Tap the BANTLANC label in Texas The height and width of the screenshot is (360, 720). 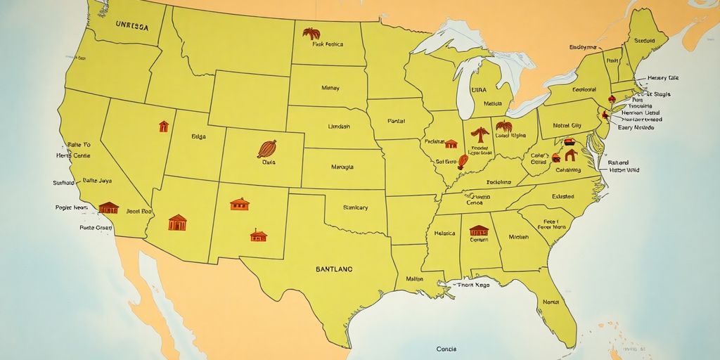tap(334, 269)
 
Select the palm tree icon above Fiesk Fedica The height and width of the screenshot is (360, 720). tap(311, 33)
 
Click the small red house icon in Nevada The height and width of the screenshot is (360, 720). tap(164, 127)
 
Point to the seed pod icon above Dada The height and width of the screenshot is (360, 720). tap(266, 148)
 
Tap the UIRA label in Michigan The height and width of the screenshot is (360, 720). tap(479, 90)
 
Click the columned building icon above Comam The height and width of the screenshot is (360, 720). tap(479, 230)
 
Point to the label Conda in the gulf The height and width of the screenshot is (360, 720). tap(446, 348)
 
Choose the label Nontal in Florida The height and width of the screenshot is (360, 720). tap(551, 301)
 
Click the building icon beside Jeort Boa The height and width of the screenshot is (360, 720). tap(108, 207)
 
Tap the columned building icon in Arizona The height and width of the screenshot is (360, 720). tap(177, 222)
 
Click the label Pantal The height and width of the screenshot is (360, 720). tap(397, 122)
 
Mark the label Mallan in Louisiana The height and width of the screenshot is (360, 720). tap(415, 279)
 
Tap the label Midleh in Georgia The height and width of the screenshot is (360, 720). tap(519, 238)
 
